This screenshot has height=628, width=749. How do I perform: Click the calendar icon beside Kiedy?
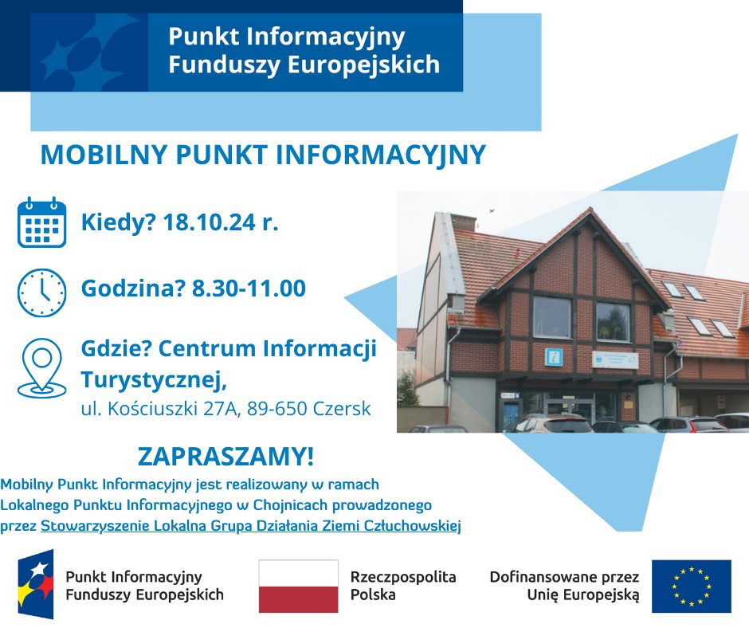[x=41, y=222]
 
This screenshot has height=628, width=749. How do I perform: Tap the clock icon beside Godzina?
[x=41, y=292]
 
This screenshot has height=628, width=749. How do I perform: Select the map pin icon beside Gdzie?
[x=41, y=368]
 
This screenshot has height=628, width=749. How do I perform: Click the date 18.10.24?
[x=210, y=222]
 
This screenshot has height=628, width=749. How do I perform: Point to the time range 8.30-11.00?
[x=249, y=288]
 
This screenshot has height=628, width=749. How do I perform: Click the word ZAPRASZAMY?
[x=226, y=457]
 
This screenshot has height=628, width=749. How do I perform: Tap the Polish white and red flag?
[x=299, y=587]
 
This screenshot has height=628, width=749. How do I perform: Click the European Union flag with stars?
[x=691, y=587]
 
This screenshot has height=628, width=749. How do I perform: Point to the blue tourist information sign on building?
[x=554, y=357]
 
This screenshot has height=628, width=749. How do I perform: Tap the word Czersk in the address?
[x=342, y=409]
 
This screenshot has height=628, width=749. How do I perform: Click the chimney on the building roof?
[x=464, y=222]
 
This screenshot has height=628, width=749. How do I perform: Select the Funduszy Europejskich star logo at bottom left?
[x=36, y=584]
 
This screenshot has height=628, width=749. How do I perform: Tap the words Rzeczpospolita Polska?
[x=403, y=586]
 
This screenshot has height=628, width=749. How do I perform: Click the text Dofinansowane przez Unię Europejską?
[x=565, y=586]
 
